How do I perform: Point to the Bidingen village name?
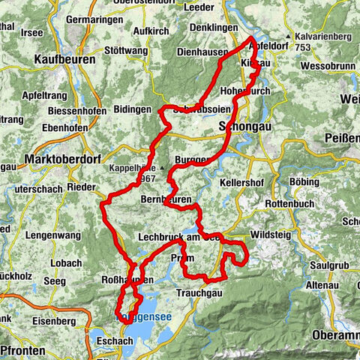click(x=133, y=109)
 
